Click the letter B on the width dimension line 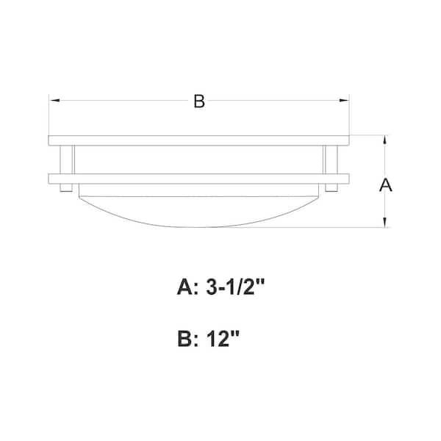pyautogui.click(x=198, y=101)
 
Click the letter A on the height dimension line pyautogui.click(x=385, y=185)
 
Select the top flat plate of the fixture pyautogui.click(x=198, y=140)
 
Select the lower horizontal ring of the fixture pyautogui.click(x=198, y=178)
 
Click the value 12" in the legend pyautogui.click(x=222, y=339)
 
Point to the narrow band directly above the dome pyautogui.click(x=198, y=190)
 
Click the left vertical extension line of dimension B pyautogui.click(x=49, y=118)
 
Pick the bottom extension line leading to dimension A pyautogui.click(x=353, y=228)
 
